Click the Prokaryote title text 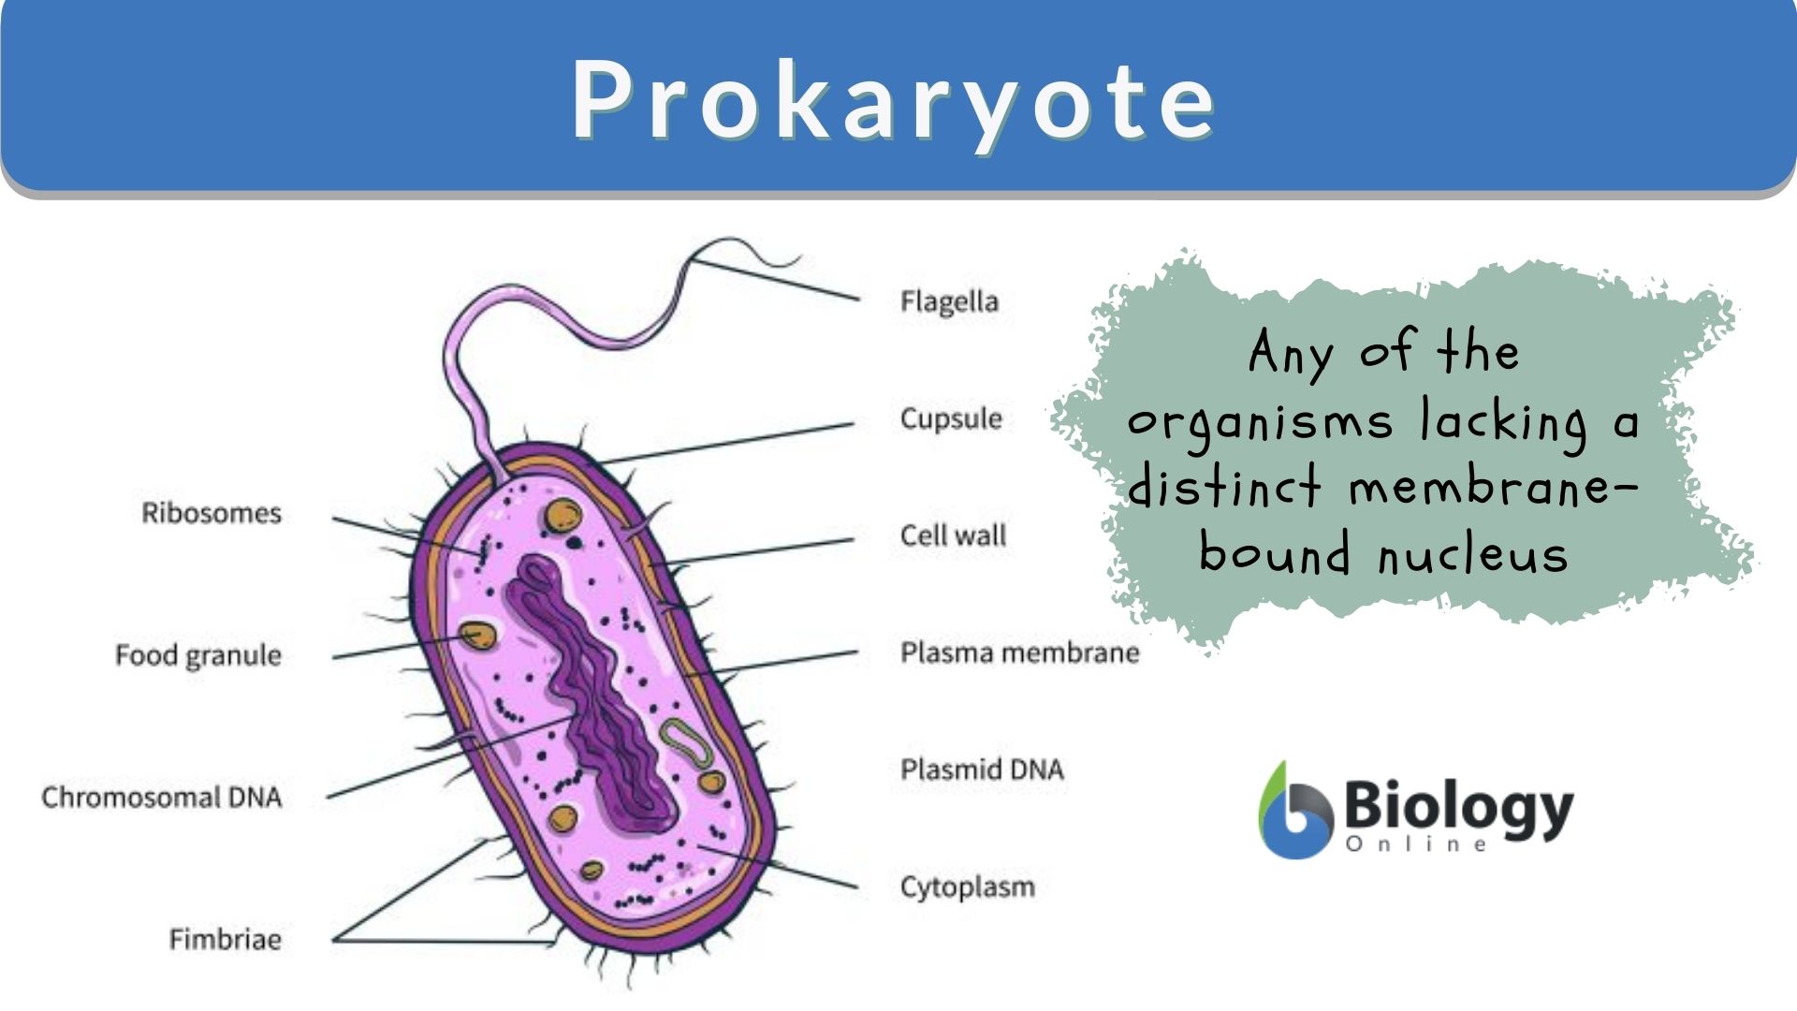point(894,99)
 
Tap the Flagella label point(949,301)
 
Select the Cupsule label point(951,418)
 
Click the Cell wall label point(953,535)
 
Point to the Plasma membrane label point(1019,652)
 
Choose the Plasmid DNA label point(982,769)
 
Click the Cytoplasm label point(968,886)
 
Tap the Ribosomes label point(212,513)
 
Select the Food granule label point(198,655)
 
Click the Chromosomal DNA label point(162,798)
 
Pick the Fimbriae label point(225,939)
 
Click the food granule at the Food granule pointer point(477,637)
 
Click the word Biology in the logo point(1458,807)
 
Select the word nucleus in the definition point(1473,554)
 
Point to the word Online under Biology point(1416,844)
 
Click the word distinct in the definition point(1224,487)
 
